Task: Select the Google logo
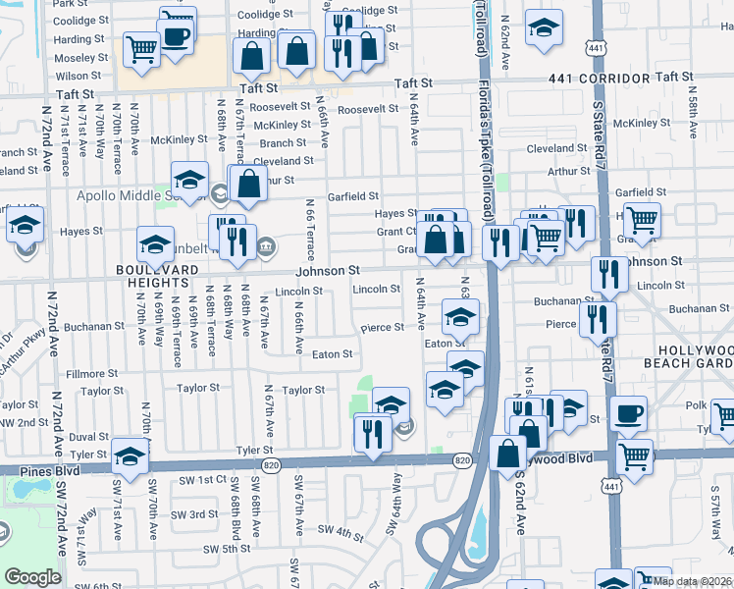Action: (x=33, y=577)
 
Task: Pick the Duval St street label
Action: (x=88, y=437)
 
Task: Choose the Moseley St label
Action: (x=73, y=58)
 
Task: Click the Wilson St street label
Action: (x=78, y=76)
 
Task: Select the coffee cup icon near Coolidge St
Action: (x=177, y=37)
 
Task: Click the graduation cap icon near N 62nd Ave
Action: (x=544, y=28)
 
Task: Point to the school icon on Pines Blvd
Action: (x=130, y=455)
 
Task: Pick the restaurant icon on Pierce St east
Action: (x=598, y=319)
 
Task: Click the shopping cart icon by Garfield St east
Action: (x=642, y=220)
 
